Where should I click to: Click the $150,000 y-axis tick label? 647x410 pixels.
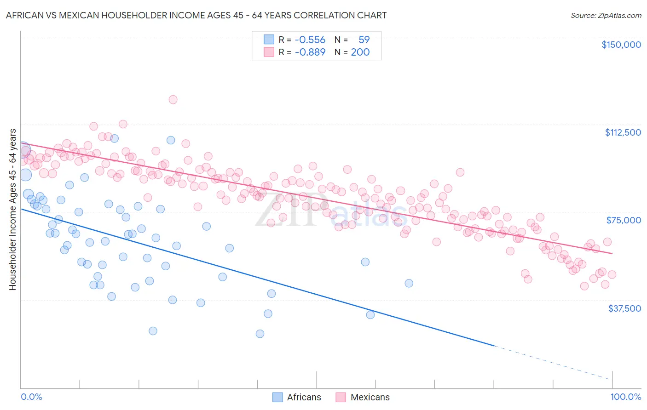[621, 45]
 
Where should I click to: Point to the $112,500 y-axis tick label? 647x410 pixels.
[623, 132]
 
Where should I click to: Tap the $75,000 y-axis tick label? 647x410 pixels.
[624, 220]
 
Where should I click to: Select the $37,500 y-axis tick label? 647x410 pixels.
[624, 308]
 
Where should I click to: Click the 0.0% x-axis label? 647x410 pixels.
[31, 397]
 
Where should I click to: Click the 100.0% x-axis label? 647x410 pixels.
[625, 397]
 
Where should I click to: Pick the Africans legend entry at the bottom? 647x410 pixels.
[297, 397]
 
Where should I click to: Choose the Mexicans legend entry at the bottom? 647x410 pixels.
[363, 397]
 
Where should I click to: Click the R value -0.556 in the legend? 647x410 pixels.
[310, 40]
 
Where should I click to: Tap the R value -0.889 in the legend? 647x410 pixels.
[310, 52]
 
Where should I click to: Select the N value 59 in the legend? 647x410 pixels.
[364, 40]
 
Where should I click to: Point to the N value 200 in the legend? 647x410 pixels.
[360, 52]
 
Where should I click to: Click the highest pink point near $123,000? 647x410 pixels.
[173, 100]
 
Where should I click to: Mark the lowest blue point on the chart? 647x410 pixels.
[260, 334]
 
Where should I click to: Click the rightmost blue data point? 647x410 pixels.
[409, 283]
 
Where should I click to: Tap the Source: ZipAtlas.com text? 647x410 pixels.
[606, 15]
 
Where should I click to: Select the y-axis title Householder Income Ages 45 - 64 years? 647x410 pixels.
[12, 210]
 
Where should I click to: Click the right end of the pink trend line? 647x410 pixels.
[612, 253]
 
